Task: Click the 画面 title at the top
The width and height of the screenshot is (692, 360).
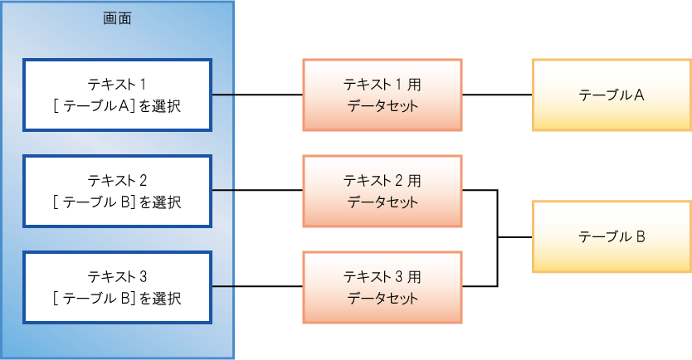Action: (x=116, y=18)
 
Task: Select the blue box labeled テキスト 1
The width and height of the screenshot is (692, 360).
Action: (x=116, y=95)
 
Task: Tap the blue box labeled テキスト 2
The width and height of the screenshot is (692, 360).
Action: (x=116, y=190)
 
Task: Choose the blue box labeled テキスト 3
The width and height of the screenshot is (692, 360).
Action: (x=116, y=287)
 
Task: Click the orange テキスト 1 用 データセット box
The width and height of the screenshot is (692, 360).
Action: (x=383, y=95)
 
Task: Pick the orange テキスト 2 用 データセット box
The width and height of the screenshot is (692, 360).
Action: (x=383, y=190)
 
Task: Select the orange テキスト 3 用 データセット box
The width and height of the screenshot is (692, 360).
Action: (x=383, y=287)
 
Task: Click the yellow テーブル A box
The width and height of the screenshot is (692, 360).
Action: (x=612, y=95)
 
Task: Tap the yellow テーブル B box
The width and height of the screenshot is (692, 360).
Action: (x=612, y=236)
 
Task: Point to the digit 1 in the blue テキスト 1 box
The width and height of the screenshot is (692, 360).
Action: (x=143, y=84)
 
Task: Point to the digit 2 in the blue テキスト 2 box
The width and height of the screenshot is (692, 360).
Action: (x=143, y=179)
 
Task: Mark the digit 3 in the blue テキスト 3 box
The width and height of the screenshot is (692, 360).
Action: (x=143, y=276)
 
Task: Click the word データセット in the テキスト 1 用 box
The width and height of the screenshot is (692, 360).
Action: (x=383, y=106)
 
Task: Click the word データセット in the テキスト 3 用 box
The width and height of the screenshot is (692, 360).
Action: (x=383, y=298)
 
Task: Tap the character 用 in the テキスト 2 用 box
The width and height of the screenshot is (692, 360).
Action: (x=414, y=179)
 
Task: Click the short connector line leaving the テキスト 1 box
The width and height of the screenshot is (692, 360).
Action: (x=222, y=95)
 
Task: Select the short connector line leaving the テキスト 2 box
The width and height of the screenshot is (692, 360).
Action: (x=222, y=191)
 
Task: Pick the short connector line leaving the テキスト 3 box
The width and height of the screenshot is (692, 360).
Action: (x=222, y=287)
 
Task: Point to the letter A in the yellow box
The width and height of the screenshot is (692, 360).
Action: (x=640, y=95)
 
